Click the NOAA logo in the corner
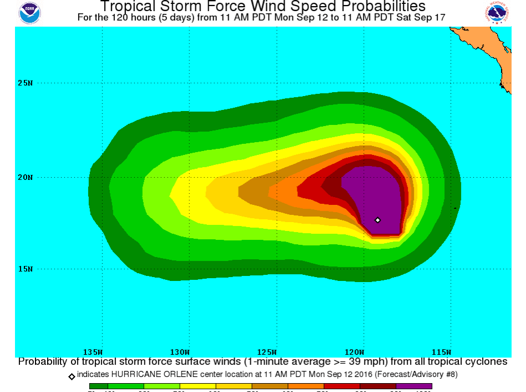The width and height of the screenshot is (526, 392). pos(29,13)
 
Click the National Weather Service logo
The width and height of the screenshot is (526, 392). pos(497,13)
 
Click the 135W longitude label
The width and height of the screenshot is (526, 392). pos(93,352)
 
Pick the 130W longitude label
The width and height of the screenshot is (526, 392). pos(180,352)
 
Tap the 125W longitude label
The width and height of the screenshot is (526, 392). pos(267,352)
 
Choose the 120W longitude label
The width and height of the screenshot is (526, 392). pos(354,352)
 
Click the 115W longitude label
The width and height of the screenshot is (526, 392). pos(441,352)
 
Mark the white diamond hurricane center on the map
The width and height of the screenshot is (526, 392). pos(378,220)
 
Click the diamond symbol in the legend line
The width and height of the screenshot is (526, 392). pos(72,376)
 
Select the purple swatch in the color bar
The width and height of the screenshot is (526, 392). pos(414,386)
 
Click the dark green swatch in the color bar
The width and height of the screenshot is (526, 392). pos(98,386)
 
